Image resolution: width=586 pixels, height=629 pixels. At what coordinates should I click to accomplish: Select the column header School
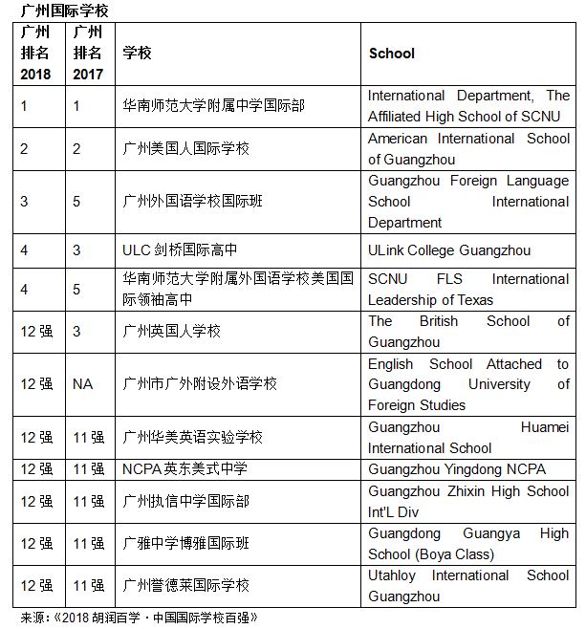click(x=392, y=54)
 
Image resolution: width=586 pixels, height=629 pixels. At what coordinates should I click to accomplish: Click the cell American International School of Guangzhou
click(x=467, y=149)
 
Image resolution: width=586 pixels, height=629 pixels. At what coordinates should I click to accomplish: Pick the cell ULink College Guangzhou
click(x=448, y=250)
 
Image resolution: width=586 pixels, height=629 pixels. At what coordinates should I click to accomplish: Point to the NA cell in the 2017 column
click(x=82, y=383)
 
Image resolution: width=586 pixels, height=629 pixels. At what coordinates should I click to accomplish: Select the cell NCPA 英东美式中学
click(x=185, y=468)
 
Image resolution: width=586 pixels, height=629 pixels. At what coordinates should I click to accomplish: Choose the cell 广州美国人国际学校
click(x=186, y=149)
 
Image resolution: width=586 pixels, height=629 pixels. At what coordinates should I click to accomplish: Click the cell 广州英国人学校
click(x=172, y=331)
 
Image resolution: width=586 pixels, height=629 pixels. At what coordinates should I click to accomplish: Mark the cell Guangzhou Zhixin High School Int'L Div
click(x=467, y=501)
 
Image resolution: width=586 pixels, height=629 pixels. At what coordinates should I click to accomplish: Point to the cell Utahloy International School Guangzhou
click(x=467, y=585)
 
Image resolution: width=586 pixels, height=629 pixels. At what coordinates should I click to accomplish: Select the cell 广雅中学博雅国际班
click(x=186, y=543)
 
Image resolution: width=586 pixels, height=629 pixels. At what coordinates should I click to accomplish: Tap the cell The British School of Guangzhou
click(x=467, y=331)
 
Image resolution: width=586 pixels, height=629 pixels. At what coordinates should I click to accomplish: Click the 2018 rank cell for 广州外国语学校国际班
click(x=25, y=202)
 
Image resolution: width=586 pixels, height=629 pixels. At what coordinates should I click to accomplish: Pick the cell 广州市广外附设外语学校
click(x=201, y=383)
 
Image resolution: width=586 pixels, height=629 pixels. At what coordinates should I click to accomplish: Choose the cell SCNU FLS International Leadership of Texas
click(x=467, y=289)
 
